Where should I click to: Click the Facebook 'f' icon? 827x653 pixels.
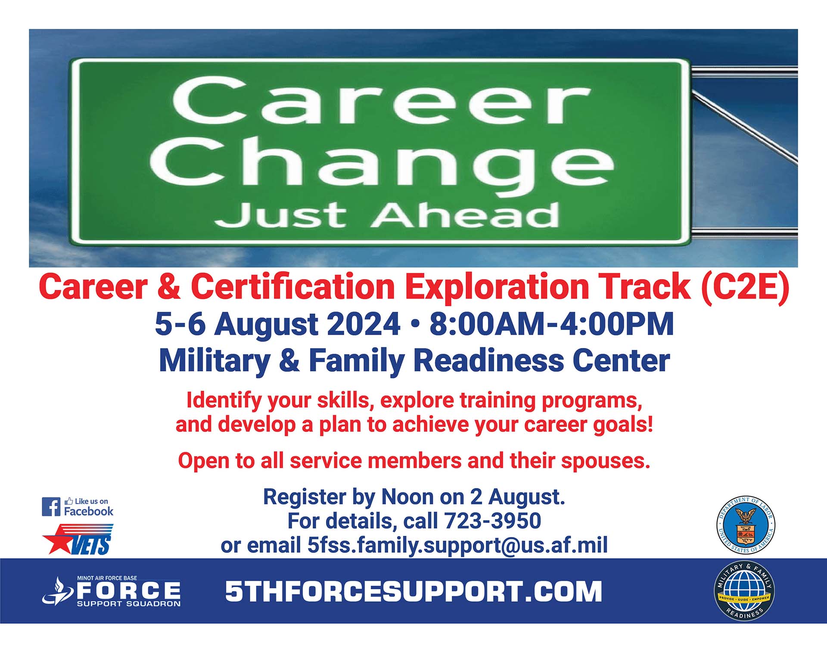coord(51,507)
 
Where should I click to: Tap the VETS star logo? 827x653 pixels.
coord(78,539)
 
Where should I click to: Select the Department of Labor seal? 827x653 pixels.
coord(746,525)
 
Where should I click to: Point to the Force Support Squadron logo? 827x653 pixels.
coord(111,591)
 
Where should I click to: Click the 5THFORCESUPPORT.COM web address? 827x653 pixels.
coord(413,591)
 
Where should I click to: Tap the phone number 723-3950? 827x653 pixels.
coord(492,521)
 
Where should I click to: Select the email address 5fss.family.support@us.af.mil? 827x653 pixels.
coord(457,545)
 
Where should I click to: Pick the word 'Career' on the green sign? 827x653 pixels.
coord(381,101)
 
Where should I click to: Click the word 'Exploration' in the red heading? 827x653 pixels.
coord(497,288)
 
